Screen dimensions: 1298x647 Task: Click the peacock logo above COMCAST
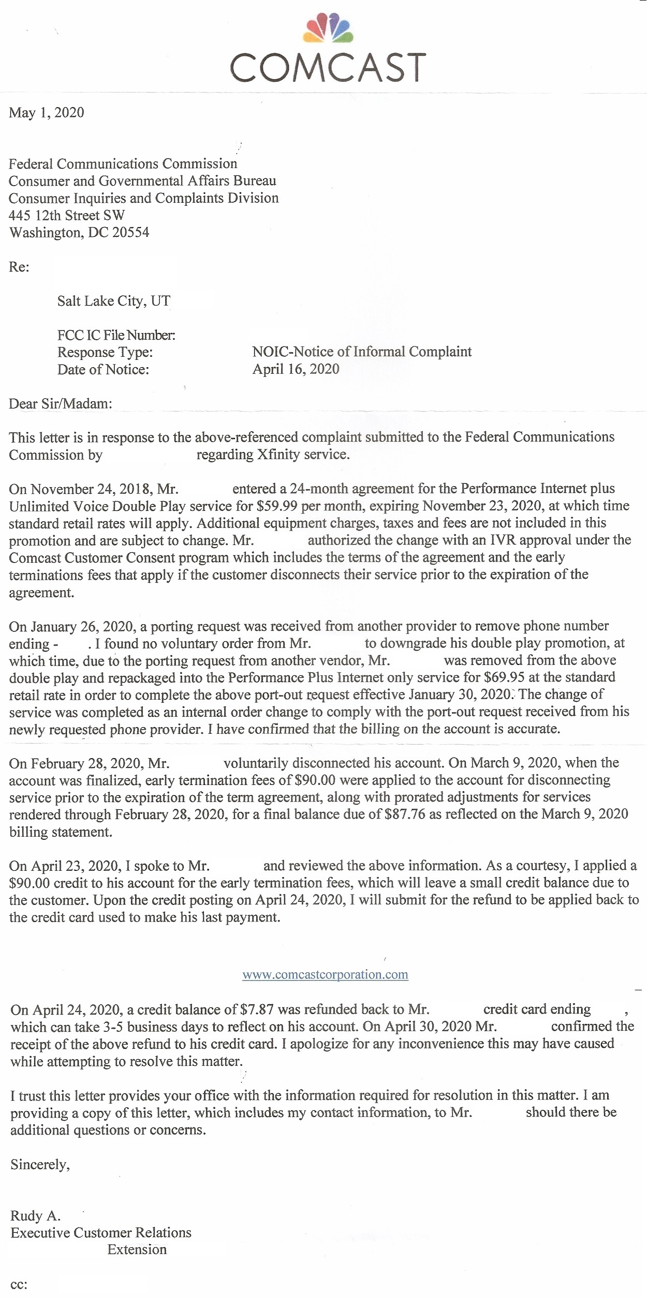click(x=328, y=28)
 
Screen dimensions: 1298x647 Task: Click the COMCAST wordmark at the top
click(x=328, y=67)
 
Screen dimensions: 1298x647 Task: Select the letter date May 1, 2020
click(x=47, y=113)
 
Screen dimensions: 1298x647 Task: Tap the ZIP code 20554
click(x=131, y=233)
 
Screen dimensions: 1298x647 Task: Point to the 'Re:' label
click(x=19, y=267)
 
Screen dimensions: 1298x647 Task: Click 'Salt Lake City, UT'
click(x=114, y=301)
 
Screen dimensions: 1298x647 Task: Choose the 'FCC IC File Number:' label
click(x=116, y=335)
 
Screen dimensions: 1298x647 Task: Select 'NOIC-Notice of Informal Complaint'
click(x=362, y=352)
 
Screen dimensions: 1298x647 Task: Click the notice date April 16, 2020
click(x=296, y=369)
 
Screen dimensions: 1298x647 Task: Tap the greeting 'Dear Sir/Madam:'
click(x=61, y=404)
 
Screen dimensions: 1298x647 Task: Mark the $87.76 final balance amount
click(x=405, y=814)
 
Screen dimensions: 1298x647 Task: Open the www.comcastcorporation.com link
click(x=325, y=975)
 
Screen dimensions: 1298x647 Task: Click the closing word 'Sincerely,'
click(x=40, y=1165)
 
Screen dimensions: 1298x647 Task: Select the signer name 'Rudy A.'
click(x=35, y=1216)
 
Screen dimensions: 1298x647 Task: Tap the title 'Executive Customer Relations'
click(x=101, y=1233)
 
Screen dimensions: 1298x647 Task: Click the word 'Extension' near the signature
click(x=137, y=1250)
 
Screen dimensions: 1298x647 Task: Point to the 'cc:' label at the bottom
click(x=19, y=1285)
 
